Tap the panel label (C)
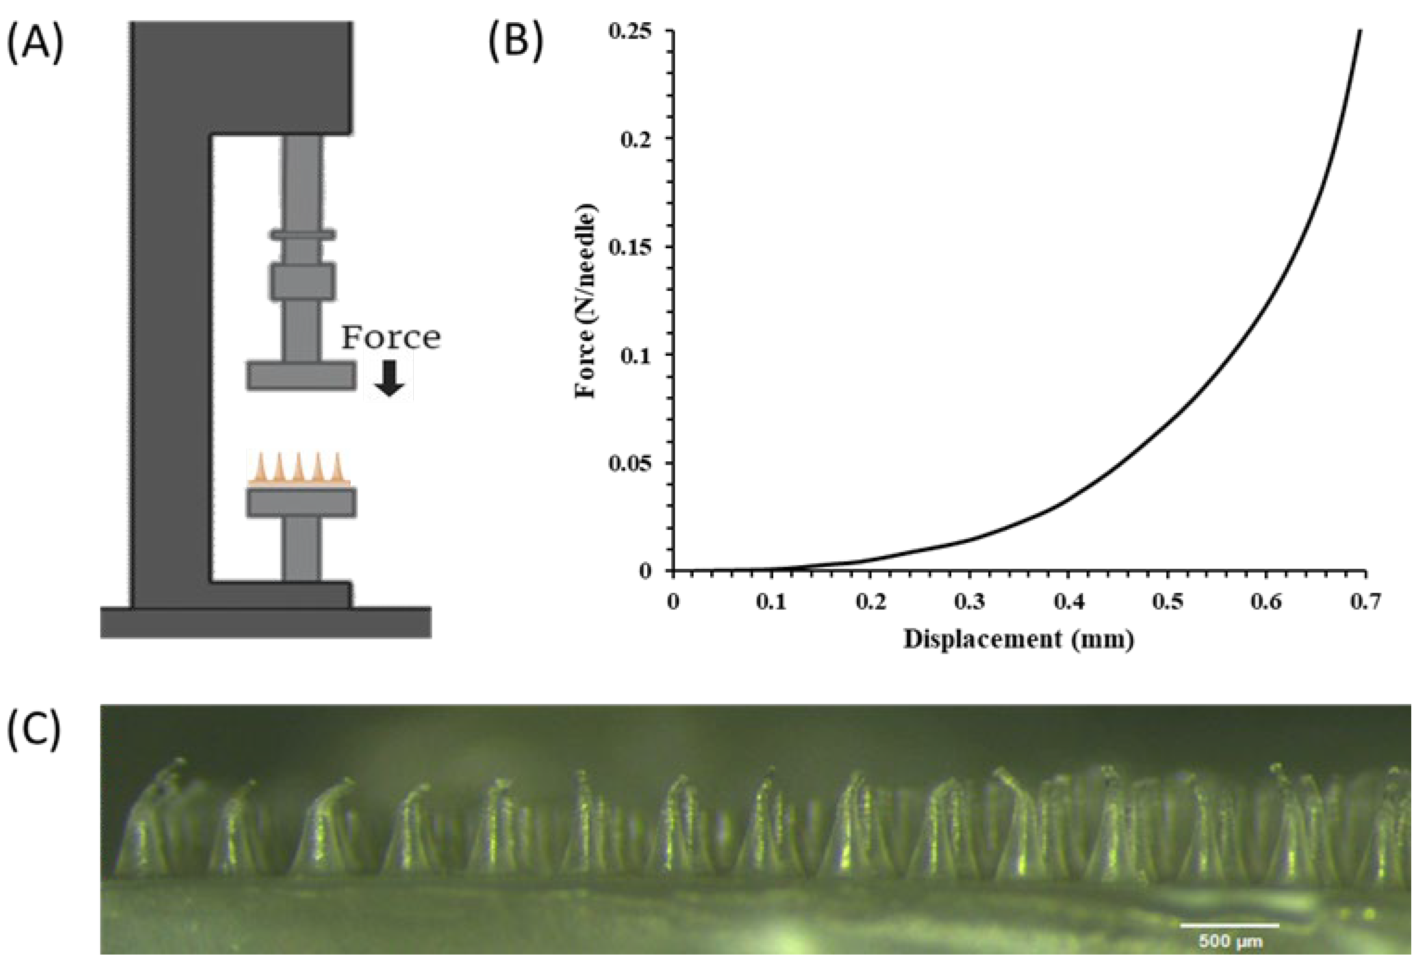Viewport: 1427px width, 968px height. (35, 730)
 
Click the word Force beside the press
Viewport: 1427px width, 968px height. (391, 338)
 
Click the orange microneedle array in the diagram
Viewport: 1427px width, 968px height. (299, 470)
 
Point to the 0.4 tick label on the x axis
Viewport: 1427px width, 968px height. (1069, 602)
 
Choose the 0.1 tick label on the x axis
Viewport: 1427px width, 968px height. (772, 602)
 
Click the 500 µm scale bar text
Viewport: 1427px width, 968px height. (1230, 957)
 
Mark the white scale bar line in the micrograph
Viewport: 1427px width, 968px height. (1230, 942)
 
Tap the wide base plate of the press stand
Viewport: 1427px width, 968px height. (265, 622)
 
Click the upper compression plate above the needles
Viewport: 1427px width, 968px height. (301, 376)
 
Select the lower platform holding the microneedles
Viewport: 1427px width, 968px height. (301, 502)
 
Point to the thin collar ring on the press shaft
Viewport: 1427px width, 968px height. (303, 234)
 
